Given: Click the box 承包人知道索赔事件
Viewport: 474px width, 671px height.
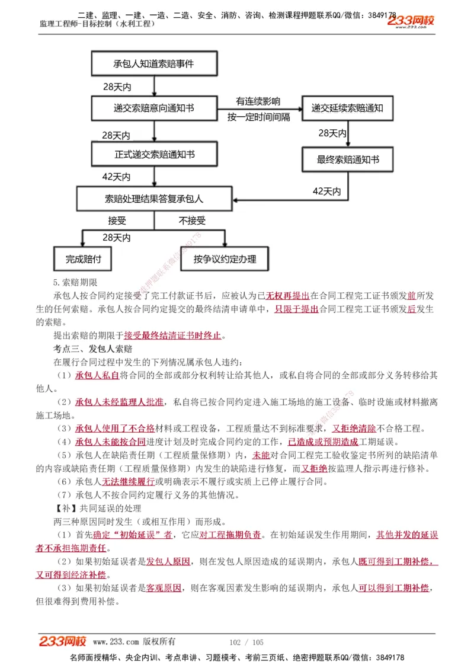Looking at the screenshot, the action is (153, 63).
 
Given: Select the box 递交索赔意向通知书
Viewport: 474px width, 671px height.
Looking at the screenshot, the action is (153, 108).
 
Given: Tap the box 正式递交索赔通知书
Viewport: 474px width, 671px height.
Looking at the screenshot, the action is (153, 154).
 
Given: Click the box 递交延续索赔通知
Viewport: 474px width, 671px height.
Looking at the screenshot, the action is (347, 108).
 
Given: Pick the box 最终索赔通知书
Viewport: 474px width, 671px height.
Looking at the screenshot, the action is (347, 160).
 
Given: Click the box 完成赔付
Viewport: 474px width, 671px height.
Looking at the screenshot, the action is (83, 259).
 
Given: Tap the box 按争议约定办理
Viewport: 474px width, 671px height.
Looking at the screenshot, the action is (224, 259).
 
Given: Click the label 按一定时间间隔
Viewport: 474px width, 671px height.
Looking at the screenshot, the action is (259, 117).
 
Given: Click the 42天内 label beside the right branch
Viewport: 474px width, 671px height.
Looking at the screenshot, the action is (326, 191).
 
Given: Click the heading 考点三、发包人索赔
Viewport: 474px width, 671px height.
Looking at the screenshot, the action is (93, 349).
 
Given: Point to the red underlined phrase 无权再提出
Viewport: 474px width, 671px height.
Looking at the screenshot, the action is (287, 296).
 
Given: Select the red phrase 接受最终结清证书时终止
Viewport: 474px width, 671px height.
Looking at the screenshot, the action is (172, 335).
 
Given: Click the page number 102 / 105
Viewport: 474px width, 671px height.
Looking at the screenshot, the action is (246, 642).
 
